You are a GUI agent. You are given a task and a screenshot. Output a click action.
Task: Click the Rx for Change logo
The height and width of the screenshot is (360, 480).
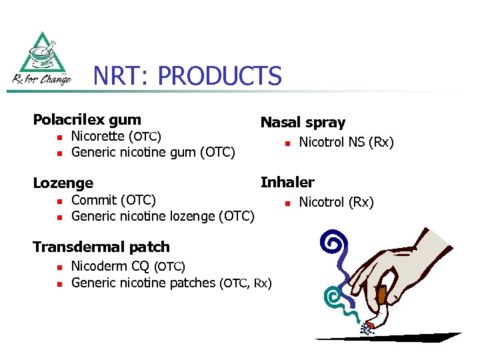[x=41, y=60]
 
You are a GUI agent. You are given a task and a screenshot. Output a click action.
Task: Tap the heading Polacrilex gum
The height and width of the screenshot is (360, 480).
[x=87, y=120]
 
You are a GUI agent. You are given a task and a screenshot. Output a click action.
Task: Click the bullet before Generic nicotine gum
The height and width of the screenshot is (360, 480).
[x=59, y=153]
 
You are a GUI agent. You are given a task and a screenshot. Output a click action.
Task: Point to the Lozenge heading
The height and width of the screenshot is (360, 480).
[x=63, y=183]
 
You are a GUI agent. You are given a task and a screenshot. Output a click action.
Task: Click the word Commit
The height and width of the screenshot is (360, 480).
[x=93, y=200]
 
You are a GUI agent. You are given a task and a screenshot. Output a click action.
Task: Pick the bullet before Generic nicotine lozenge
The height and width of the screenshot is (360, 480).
[x=59, y=217]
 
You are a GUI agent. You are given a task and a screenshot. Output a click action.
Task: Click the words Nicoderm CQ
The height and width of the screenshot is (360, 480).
[x=110, y=267]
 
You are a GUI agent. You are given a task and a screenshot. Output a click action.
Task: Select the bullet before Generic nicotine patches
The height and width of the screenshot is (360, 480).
[x=59, y=283]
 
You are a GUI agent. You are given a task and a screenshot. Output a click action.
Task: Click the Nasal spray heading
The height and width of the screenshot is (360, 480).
[x=303, y=123]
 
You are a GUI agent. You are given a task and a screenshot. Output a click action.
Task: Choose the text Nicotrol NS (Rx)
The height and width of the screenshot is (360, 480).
[x=347, y=142]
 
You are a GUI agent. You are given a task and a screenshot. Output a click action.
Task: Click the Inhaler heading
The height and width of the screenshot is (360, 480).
[x=287, y=182]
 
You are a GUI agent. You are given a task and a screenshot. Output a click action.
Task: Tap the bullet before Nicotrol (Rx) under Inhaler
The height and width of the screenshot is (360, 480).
[x=286, y=203]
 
